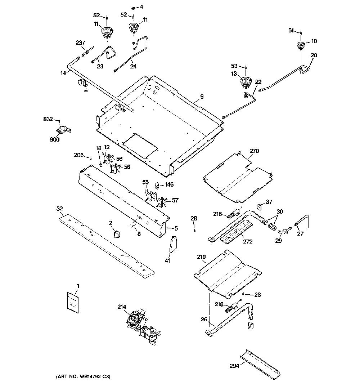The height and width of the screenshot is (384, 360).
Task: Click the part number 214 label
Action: point(122,307)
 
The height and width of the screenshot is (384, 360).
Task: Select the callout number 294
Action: point(234,366)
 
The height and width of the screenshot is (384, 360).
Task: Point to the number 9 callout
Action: point(202,97)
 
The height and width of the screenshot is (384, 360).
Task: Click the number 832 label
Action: point(48,119)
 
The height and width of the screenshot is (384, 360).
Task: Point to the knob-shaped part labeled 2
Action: point(117,234)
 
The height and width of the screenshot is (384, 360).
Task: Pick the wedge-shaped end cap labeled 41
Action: point(174,244)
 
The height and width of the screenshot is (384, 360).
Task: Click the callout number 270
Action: point(254,151)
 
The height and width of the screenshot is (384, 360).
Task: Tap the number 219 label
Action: point(201,257)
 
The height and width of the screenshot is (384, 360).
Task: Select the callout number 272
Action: point(248,241)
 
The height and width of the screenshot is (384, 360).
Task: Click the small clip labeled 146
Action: point(157,186)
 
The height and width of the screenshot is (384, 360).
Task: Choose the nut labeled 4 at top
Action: point(133,8)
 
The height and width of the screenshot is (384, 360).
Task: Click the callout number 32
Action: point(59,209)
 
